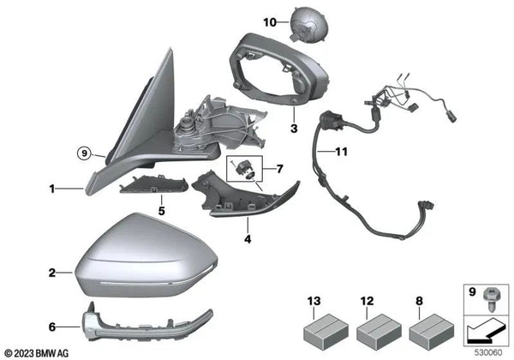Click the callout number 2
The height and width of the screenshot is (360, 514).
pyautogui.click(x=52, y=273)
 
